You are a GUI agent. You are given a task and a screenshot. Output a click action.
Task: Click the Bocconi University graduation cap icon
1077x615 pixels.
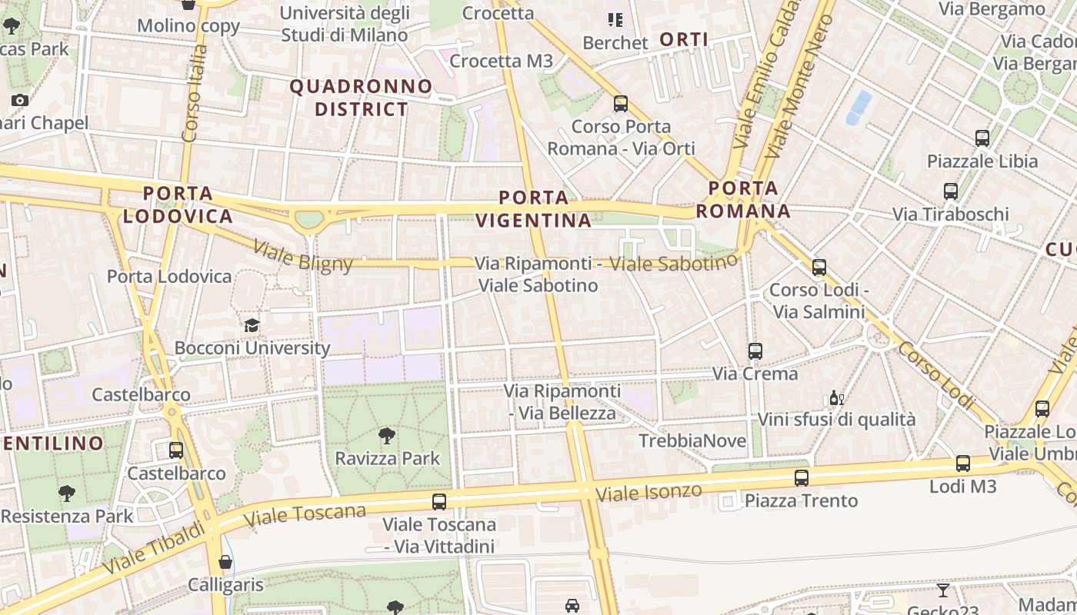pyautogui.click(x=252, y=325)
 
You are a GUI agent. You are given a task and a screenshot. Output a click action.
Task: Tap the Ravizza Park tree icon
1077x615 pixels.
pyautogui.click(x=387, y=436)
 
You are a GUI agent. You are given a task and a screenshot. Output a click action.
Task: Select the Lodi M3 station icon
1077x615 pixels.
pyautogui.click(x=962, y=464)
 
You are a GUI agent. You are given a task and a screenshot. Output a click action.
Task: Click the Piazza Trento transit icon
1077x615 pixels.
pyautogui.click(x=802, y=478)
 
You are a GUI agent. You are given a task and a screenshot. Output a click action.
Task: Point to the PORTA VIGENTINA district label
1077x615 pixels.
pyautogui.click(x=534, y=209)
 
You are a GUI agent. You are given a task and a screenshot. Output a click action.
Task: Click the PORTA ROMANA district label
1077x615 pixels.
pyautogui.click(x=743, y=199)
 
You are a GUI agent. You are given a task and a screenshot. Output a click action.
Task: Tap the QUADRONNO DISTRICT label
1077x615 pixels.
pyautogui.click(x=361, y=98)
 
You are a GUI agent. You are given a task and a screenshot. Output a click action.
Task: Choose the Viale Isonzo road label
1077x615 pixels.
pyautogui.click(x=650, y=492)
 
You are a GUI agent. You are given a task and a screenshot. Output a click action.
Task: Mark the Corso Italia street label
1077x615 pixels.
pyautogui.click(x=195, y=92)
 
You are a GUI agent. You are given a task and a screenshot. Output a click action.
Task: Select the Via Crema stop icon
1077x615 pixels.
pyautogui.click(x=755, y=351)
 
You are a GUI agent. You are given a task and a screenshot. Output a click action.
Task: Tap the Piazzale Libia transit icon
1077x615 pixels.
pyautogui.click(x=982, y=138)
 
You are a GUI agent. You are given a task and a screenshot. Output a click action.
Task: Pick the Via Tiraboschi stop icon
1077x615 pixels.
pyautogui.click(x=951, y=191)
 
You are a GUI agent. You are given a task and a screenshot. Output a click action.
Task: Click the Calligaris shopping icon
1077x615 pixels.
pyautogui.click(x=225, y=562)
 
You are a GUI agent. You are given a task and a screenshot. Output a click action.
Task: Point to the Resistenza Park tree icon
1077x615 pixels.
pyautogui.click(x=67, y=494)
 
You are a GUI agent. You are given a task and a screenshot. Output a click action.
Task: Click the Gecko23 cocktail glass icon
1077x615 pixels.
pyautogui.click(x=942, y=590)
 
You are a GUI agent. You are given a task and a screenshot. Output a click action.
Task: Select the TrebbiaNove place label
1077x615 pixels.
pyautogui.click(x=692, y=441)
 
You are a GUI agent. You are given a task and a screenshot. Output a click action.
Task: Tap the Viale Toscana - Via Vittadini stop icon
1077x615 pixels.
pyautogui.click(x=439, y=502)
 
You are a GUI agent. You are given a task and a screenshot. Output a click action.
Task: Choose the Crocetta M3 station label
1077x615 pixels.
pyautogui.click(x=501, y=61)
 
